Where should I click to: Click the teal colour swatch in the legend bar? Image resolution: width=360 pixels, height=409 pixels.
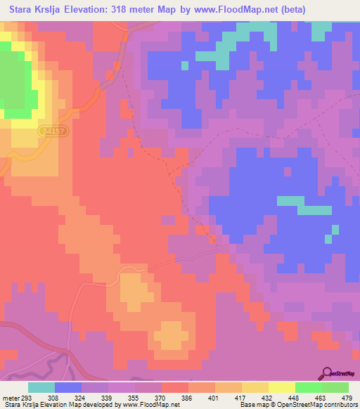(x=41, y=388)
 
